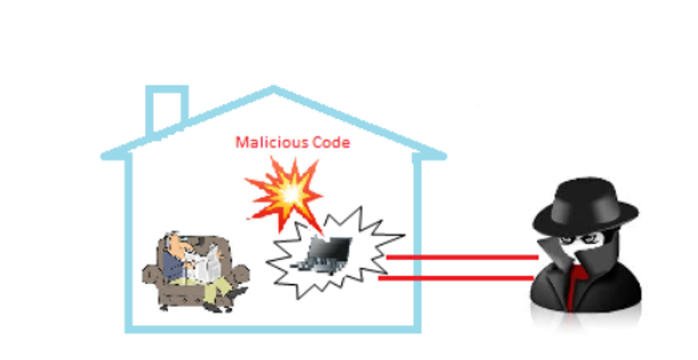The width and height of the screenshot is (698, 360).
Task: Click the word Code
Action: [x=331, y=142]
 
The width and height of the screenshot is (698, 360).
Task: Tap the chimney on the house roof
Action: [x=167, y=109]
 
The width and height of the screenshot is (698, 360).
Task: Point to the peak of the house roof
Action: [x=274, y=87]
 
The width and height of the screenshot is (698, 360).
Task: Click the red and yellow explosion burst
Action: [x=287, y=194]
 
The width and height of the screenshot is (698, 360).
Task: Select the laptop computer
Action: [x=323, y=255]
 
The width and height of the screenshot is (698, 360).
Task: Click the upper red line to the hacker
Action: [x=462, y=258]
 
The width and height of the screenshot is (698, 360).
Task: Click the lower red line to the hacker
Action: [x=456, y=279]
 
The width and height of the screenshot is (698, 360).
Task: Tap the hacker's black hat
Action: [x=585, y=206]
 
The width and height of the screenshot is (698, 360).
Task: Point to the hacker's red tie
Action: [x=574, y=285]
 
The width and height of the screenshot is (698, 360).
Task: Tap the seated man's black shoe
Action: [x=236, y=293]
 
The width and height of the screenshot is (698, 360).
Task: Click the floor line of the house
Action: [x=273, y=329]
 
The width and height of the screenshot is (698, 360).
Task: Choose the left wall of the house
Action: [x=129, y=242]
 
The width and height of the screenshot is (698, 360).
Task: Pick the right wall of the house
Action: [x=417, y=242]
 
